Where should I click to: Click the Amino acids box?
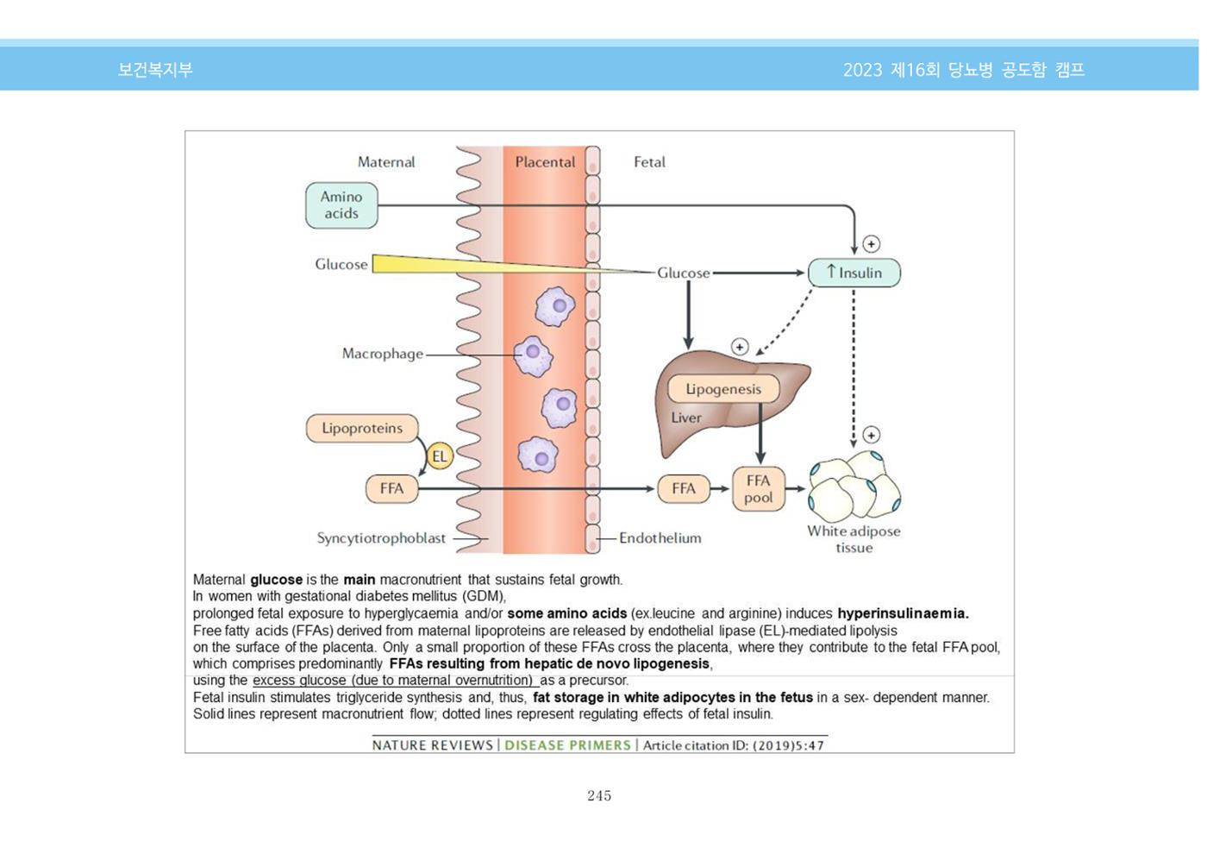(x=341, y=205)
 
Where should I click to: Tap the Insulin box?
(x=854, y=273)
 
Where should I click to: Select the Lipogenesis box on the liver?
(x=723, y=389)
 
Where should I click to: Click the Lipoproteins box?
(x=362, y=428)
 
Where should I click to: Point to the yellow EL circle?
(x=440, y=456)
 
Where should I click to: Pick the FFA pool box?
(x=758, y=489)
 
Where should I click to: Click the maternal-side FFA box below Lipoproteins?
(x=391, y=488)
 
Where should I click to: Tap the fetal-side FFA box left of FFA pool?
(x=683, y=488)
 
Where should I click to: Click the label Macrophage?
(x=383, y=354)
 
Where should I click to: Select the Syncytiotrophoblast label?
(x=381, y=538)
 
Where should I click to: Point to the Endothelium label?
(x=660, y=538)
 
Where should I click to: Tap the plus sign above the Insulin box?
(x=872, y=243)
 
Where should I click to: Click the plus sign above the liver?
(x=740, y=347)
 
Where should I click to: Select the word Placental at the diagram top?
(x=545, y=162)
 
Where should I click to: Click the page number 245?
(x=599, y=795)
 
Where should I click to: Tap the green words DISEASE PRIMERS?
(x=567, y=745)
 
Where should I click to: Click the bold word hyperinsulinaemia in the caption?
(x=904, y=613)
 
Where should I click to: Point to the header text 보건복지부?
(x=155, y=70)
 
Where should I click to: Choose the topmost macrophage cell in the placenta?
(x=555, y=306)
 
